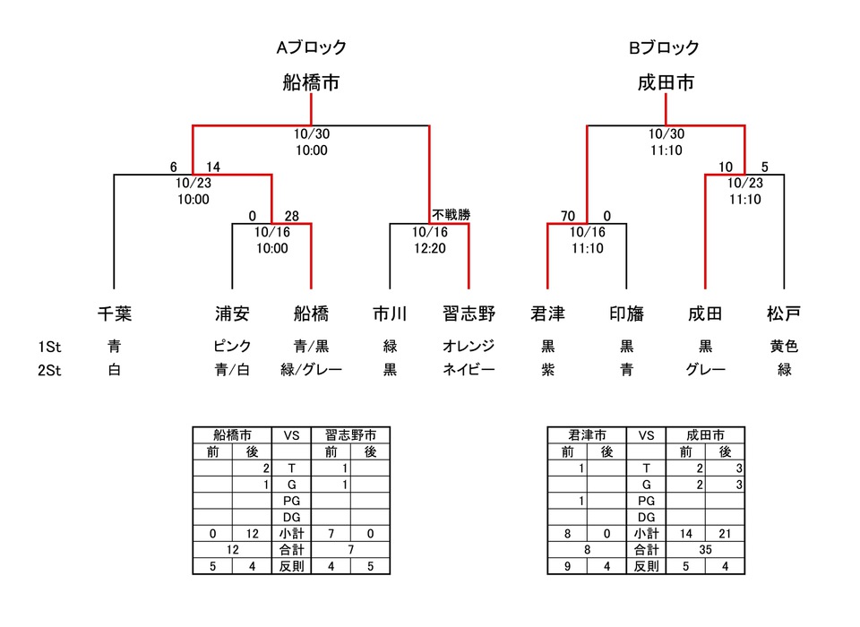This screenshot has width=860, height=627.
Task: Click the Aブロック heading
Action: tap(311, 48)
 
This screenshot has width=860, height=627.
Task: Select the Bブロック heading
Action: tap(664, 48)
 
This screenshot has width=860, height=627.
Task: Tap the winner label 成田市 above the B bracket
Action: tap(666, 83)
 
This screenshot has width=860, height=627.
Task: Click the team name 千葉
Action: tap(115, 313)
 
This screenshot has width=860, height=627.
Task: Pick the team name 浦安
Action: tap(232, 313)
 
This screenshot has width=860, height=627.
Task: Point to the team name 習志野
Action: tap(469, 313)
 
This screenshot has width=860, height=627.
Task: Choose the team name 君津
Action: tap(547, 313)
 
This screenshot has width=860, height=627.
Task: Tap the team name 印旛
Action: tap(626, 313)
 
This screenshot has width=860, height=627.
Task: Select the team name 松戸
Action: tap(784, 313)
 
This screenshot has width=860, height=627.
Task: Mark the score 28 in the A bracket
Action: tap(291, 215)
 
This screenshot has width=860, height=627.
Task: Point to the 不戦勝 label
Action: tap(451, 215)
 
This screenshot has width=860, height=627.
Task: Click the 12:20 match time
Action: tap(429, 248)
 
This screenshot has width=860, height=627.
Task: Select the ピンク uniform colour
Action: tap(232, 346)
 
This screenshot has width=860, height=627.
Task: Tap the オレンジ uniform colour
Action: tap(469, 346)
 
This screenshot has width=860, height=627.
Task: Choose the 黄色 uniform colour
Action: tap(784, 346)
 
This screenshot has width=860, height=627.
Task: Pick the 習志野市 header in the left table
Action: tap(350, 435)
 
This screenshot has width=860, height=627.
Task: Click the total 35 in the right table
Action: tap(705, 549)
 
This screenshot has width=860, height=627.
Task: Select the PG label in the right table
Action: tap(646, 501)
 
